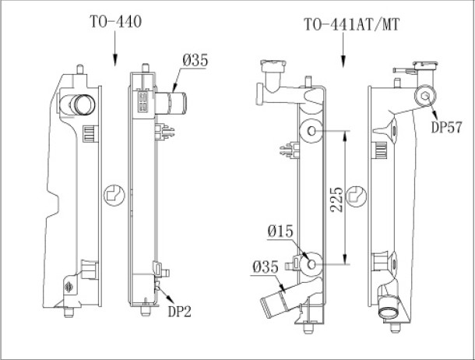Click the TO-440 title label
coord(115,22)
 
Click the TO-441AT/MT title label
coord(352,25)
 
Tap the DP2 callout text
coord(180,311)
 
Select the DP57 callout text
coord(446,127)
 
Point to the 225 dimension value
coord(337,199)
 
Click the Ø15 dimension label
coord(280,231)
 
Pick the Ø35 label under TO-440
coord(195,60)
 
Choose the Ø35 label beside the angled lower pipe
coord(266,267)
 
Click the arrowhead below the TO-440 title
coord(114,60)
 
